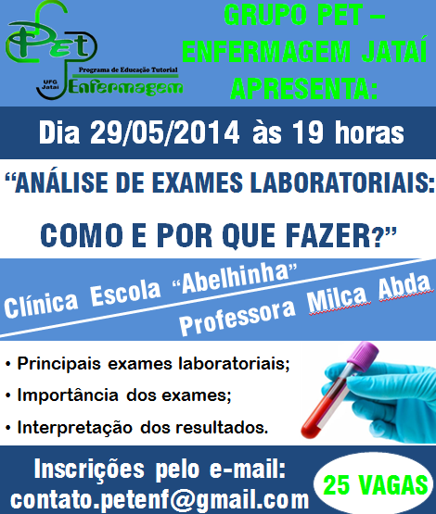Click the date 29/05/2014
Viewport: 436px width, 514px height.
pos(164,132)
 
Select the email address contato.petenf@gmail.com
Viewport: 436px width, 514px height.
pos(160,500)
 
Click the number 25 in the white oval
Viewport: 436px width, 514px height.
pos(336,484)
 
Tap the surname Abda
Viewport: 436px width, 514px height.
pos(404,287)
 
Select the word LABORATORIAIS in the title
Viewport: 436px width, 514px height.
pos(340,183)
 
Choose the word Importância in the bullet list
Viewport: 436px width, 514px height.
pos(68,395)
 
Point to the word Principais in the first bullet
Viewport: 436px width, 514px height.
pos(58,364)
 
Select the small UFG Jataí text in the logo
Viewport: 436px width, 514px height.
pos(50,84)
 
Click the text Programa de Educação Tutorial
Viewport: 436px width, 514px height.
pos(128,69)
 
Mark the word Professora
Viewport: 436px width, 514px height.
pos(237,318)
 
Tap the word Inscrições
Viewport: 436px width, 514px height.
pos(89,470)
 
